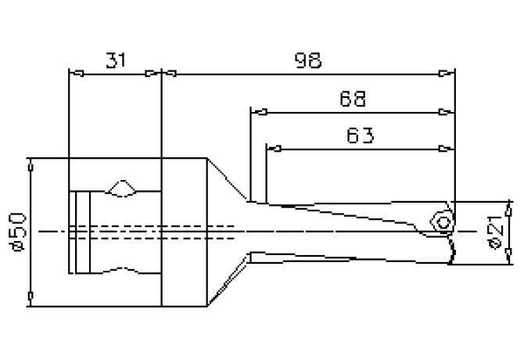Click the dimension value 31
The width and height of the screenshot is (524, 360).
coord(114,60)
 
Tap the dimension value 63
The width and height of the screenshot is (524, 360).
coord(360,135)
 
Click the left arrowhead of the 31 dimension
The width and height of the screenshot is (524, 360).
coord(76,74)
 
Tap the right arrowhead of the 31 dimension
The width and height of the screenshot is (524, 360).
coord(153,74)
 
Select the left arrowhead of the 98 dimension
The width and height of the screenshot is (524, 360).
coord(169,74)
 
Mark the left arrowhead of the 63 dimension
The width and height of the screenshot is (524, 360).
coord(274,148)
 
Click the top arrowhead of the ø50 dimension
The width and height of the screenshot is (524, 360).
coord(31,165)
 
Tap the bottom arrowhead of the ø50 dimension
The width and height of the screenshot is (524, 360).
coord(31,297)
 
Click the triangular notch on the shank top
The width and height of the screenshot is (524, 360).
coord(121,189)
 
